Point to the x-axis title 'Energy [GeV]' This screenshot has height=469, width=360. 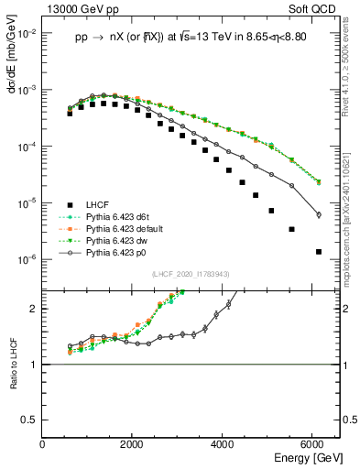(x=294, y=459)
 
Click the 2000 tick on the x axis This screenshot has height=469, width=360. (x=133, y=445)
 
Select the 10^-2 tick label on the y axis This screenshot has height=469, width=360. (x=27, y=33)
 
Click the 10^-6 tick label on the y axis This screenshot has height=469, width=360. (x=27, y=259)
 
